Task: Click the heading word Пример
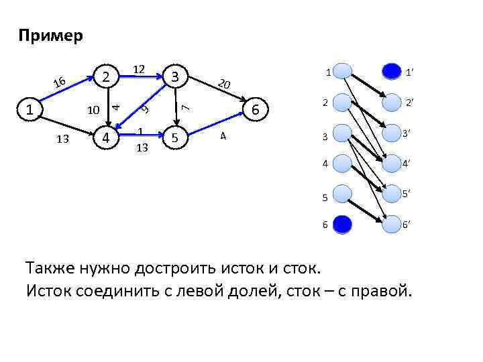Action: pyautogui.click(x=51, y=36)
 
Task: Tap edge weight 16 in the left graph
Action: pyautogui.click(x=60, y=83)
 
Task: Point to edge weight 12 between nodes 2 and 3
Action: pyautogui.click(x=140, y=69)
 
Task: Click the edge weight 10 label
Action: pyautogui.click(x=94, y=109)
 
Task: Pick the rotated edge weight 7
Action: pyautogui.click(x=189, y=105)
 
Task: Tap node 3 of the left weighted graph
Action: pyautogui.click(x=175, y=76)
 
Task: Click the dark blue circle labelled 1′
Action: pyautogui.click(x=390, y=70)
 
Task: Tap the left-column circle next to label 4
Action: pyautogui.click(x=342, y=162)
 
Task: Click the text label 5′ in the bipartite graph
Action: pyautogui.click(x=407, y=194)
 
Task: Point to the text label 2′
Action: pyautogui.click(x=407, y=102)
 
